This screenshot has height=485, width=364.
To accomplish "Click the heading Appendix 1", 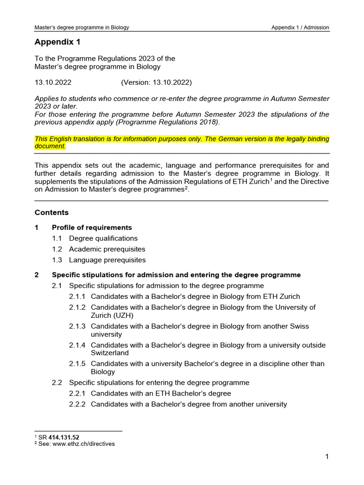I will pyautogui.click(x=57, y=42).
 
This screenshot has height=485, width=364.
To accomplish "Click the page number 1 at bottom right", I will pyautogui.click(x=327, y=457).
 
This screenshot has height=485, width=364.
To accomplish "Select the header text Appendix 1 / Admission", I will pyautogui.click(x=300, y=27).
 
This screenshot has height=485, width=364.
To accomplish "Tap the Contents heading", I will pyautogui.click(x=52, y=213).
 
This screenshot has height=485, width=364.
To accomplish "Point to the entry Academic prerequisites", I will pyautogui.click(x=107, y=249).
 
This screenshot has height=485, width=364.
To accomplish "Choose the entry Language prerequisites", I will pyautogui.click(x=107, y=260).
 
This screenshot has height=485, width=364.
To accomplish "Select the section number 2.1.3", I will pyautogui.click(x=78, y=326).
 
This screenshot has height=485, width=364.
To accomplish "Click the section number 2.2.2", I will pyautogui.click(x=78, y=404).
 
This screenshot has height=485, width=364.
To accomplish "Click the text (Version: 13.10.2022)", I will pyautogui.click(x=156, y=82).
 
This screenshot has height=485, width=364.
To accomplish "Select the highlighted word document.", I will pyautogui.click(x=50, y=146).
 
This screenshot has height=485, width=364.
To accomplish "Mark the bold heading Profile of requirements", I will pyautogui.click(x=92, y=228).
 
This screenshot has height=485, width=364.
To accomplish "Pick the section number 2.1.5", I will pyautogui.click(x=78, y=364).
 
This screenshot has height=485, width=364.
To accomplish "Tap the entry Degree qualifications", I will pyautogui.click(x=103, y=238).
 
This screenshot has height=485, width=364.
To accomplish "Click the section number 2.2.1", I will pyautogui.click(x=78, y=394).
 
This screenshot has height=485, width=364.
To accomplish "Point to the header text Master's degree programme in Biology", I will pyautogui.click(x=82, y=27).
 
